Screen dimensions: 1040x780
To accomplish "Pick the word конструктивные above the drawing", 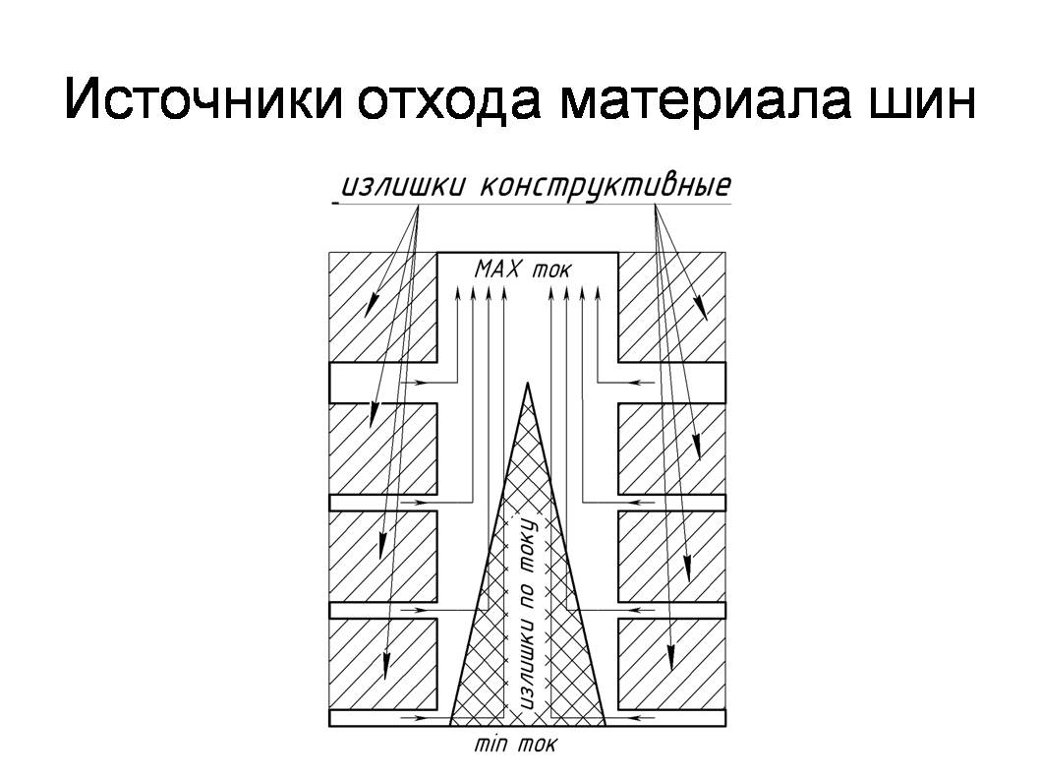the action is point(605,185).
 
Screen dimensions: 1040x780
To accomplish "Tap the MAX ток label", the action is point(523,270).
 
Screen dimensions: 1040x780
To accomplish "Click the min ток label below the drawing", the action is point(515,745).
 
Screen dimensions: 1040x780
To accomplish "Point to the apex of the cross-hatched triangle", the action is point(528,383).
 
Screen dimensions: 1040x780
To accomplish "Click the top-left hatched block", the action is point(383,307).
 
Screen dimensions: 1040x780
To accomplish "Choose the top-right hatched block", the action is point(672,307).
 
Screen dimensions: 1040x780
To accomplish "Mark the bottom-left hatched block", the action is point(383,664).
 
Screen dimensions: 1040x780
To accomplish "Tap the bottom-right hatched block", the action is point(672,664).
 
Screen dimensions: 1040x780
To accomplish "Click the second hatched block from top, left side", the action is point(383,449).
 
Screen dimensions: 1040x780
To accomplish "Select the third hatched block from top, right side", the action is point(672,557).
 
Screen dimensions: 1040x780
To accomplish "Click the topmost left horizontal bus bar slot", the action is point(383,383).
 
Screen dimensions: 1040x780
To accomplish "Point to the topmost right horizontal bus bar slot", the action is point(672,383).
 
